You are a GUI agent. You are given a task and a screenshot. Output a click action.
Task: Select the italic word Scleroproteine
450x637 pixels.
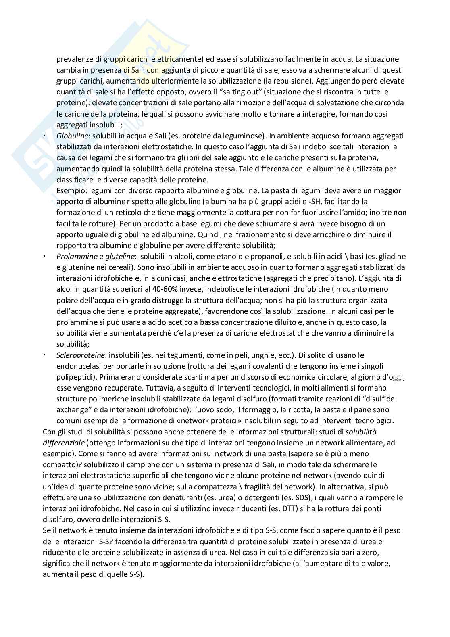point(81,355)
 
